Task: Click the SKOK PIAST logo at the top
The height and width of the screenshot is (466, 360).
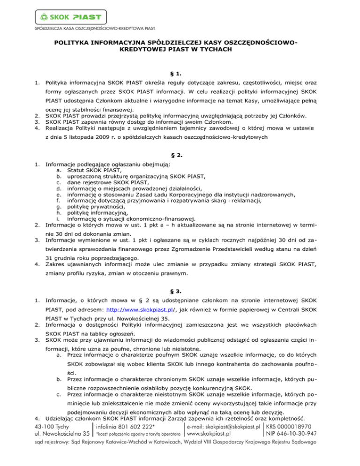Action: click(67, 17)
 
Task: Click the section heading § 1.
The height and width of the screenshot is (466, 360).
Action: click(180, 74)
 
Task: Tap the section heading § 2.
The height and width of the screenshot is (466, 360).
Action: click(180, 155)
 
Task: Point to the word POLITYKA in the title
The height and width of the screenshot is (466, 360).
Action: click(70, 43)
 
